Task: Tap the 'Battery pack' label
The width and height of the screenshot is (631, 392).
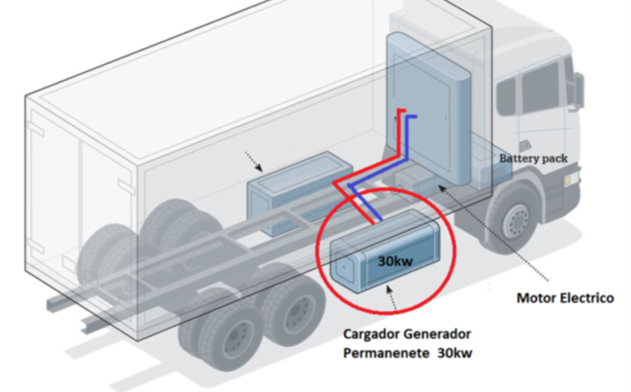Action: (x=532, y=157)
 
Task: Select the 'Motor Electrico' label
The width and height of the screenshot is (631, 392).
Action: (x=564, y=298)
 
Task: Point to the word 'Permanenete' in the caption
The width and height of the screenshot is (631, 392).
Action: (x=385, y=353)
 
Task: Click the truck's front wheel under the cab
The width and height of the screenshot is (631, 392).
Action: (x=516, y=219)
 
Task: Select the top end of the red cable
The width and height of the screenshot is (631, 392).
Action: (x=400, y=111)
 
